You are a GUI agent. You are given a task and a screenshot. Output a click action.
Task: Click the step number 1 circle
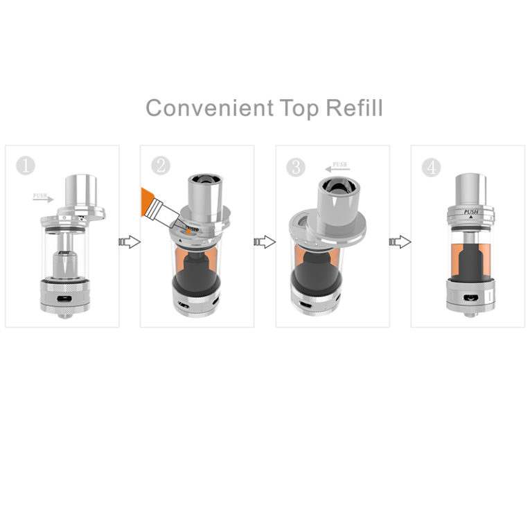pos(26,166)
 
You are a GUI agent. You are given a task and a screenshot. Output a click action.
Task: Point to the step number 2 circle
pos(161,166)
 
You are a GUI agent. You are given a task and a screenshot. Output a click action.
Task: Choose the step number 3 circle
pos(296,167)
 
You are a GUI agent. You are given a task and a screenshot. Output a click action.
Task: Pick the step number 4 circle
pos(432,167)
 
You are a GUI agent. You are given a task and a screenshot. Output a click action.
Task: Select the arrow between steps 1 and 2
pos(130,242)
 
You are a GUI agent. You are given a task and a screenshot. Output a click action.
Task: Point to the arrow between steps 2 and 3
pos(265,242)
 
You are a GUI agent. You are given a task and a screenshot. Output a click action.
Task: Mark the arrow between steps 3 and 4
pos(400,242)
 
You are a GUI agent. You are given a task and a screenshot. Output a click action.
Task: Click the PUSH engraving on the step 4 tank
pos(471,213)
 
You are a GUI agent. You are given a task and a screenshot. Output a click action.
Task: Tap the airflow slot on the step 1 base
pos(63,298)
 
